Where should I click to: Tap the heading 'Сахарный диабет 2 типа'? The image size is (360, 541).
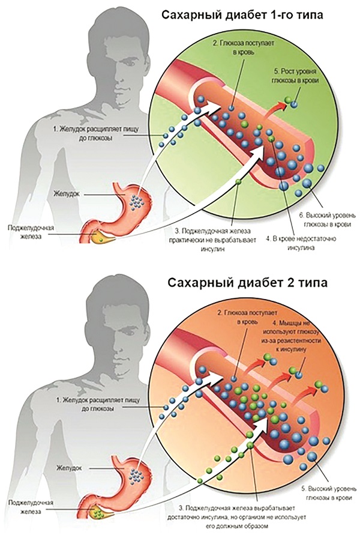point(248,283)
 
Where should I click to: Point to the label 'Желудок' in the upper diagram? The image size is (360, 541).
point(66,194)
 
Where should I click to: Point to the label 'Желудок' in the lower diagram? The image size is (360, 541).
point(69,468)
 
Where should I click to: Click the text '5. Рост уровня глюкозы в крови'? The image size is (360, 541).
point(295,76)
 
